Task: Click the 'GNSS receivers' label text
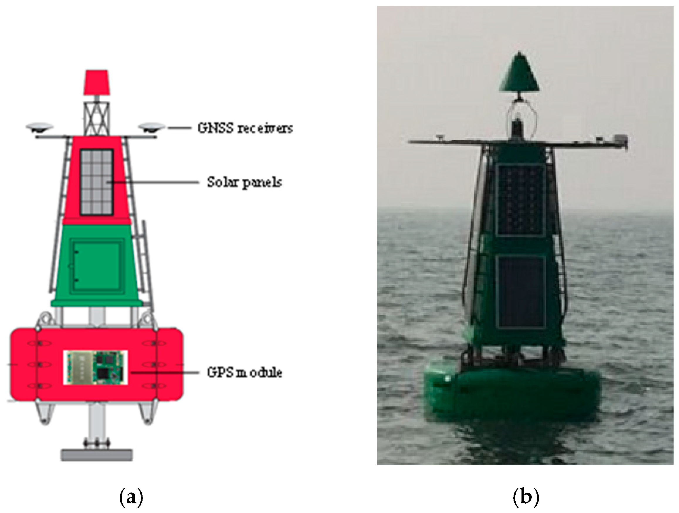245,128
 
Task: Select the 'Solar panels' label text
244,182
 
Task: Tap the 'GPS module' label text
244,373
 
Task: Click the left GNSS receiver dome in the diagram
40,127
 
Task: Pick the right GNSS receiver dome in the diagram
151,127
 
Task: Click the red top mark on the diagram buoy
96,82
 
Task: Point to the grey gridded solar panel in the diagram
96,182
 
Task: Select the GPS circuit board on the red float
95,367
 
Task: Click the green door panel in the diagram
96,265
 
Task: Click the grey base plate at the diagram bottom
97,455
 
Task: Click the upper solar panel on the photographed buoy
520,199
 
